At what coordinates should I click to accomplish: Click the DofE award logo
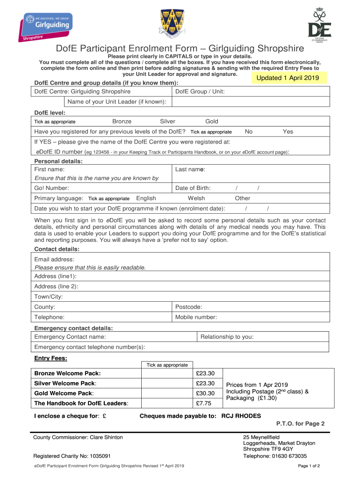coord(319,26)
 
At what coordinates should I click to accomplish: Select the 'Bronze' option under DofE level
coord(122,122)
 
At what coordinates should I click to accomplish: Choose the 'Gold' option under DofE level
coord(212,122)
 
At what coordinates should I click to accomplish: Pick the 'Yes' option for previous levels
coord(288,132)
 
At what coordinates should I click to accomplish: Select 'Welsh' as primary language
coord(196,198)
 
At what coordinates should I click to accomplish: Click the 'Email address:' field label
coord(54,259)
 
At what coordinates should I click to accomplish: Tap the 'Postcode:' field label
coord(188,307)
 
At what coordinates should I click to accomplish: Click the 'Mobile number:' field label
coord(196,317)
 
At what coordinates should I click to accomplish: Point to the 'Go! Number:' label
coord(52,188)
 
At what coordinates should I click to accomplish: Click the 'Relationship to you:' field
coord(227,337)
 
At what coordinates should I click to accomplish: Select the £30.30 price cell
coord(206,393)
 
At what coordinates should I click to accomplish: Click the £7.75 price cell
coord(204,403)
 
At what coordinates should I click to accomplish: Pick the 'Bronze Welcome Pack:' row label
coord(67,373)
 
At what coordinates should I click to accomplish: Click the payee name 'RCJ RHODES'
coord(241,416)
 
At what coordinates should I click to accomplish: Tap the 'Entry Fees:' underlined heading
coord(50,359)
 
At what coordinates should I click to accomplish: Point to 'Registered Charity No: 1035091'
coord(72,456)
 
